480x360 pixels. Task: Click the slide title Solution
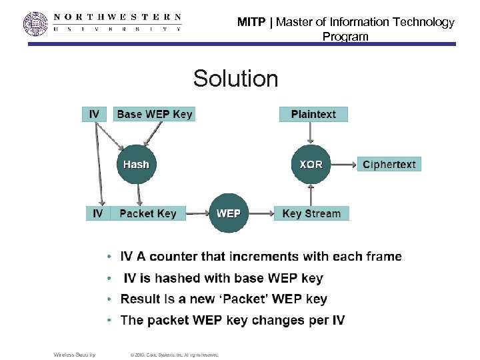pyautogui.click(x=235, y=79)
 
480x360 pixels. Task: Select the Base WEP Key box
pyautogui.click(x=154, y=114)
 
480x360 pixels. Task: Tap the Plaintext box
pyautogui.click(x=313, y=114)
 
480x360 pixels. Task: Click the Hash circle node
pyautogui.click(x=136, y=164)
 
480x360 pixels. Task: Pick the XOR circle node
pyautogui.click(x=311, y=164)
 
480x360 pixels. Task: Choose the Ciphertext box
pyautogui.click(x=389, y=164)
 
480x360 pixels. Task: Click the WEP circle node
pyautogui.click(x=229, y=213)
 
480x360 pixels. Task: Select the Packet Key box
pyautogui.click(x=148, y=213)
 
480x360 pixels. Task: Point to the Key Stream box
pyautogui.click(x=311, y=213)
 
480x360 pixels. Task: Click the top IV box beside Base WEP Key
pyautogui.click(x=94, y=114)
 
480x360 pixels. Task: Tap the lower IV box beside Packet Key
pyautogui.click(x=98, y=213)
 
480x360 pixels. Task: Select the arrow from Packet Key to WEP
pyautogui.click(x=197, y=213)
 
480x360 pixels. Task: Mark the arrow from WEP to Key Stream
pyautogui.click(x=261, y=213)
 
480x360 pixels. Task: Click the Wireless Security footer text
pyautogui.click(x=75, y=355)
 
